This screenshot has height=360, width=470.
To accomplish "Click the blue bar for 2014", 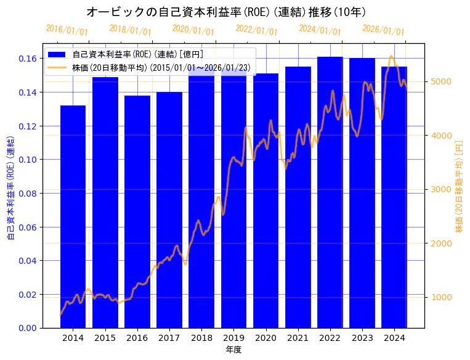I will [x=73, y=216].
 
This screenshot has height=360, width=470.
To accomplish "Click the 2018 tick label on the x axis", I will [x=201, y=338].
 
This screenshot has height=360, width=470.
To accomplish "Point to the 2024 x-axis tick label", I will [x=394, y=338].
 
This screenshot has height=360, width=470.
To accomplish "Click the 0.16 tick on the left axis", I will [x=26, y=59].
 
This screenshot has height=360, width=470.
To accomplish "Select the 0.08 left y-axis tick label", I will [x=26, y=194].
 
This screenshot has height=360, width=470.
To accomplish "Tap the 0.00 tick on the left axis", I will [x=26, y=328].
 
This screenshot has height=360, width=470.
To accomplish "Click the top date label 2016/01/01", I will [x=67, y=30].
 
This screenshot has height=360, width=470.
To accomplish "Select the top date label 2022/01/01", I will [x=256, y=30].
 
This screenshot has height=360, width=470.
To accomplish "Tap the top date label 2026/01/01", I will [x=383, y=30].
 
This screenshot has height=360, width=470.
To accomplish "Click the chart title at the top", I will [x=226, y=12].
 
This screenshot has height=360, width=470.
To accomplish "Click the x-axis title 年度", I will [x=233, y=350].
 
